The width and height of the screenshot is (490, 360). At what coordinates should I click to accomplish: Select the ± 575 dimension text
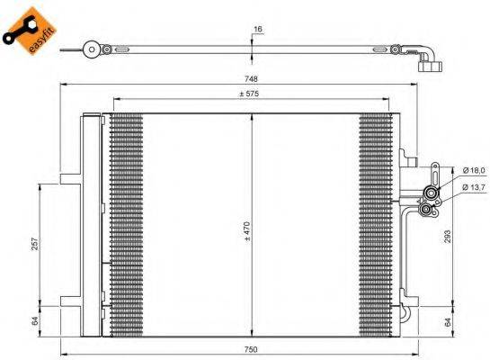[x=252, y=94]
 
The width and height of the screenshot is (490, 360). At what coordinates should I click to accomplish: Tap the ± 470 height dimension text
[x=247, y=232]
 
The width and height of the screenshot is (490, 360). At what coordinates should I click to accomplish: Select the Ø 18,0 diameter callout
[x=473, y=170]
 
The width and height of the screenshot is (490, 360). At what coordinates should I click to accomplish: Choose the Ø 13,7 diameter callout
[x=473, y=186]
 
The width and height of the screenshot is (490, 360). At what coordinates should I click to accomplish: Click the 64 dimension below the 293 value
[x=448, y=320]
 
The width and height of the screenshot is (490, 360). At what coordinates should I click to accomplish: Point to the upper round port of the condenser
[x=432, y=192]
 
